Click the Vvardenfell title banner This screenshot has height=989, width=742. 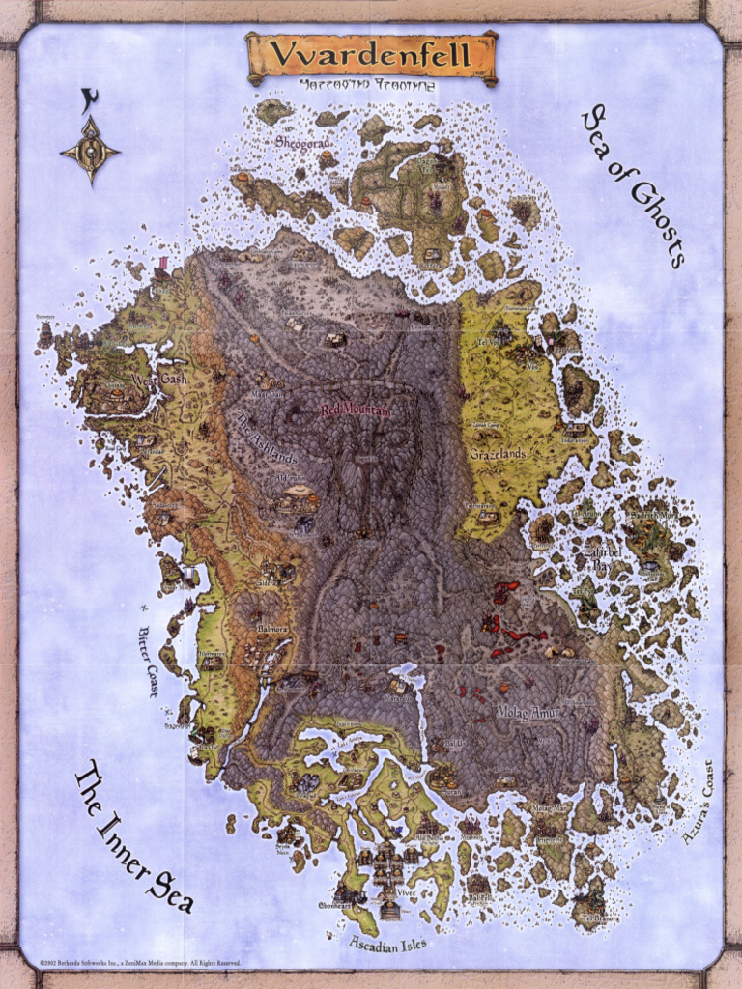click(371, 55)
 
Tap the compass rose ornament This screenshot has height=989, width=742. click(90, 150)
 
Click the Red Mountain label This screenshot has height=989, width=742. click(356, 410)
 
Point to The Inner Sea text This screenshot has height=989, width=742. click(134, 836)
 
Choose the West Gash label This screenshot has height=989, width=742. click(160, 380)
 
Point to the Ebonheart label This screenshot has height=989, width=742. click(335, 906)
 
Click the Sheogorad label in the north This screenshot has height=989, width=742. click(303, 142)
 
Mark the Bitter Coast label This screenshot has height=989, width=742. click(148, 661)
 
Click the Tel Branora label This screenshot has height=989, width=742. click(601, 918)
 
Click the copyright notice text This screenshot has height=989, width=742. click(139, 963)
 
